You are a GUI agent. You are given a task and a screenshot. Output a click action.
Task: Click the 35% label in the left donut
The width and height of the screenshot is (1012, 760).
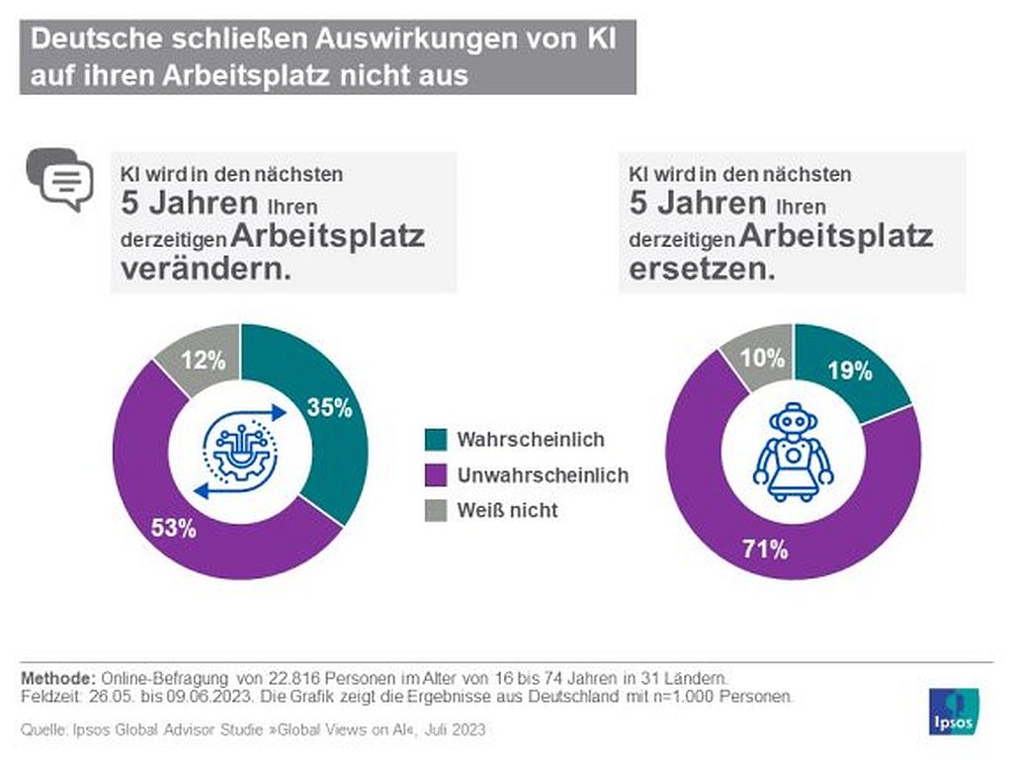pos(329,408)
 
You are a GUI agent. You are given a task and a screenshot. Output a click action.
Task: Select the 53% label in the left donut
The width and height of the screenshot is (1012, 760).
pos(174,528)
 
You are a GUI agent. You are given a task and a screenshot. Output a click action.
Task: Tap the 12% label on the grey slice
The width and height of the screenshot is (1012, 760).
pos(204,360)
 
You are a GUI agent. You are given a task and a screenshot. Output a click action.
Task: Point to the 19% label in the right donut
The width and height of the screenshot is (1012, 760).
pos(850,371)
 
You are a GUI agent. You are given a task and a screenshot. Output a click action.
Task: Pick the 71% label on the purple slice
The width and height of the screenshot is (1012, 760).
pos(765,549)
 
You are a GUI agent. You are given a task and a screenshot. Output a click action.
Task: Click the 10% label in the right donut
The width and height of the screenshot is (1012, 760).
pos(762,358)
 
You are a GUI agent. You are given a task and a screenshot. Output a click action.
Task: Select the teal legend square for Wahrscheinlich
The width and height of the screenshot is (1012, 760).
pos(436,440)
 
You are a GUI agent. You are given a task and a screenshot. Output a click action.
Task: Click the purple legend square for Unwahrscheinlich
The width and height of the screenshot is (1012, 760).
pos(436,474)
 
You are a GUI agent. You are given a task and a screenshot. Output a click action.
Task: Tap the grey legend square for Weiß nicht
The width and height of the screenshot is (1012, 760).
pos(436,510)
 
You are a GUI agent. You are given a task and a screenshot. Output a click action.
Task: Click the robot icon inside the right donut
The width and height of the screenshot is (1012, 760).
pos(794,453)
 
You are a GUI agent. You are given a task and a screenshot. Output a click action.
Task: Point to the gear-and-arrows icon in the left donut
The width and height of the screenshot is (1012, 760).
pos(240,452)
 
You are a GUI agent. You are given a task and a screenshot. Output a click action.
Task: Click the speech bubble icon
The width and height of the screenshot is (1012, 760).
pos(60,179)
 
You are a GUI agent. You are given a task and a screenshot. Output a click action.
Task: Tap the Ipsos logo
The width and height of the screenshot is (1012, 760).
pos(954,712)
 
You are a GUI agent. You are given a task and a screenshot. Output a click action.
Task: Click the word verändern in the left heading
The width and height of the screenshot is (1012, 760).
pos(206,269)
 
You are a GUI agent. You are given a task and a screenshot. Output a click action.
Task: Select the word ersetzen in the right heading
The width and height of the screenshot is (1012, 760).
pos(703,269)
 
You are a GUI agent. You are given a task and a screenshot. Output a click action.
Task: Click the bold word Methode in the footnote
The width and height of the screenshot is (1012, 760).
pos(58,679)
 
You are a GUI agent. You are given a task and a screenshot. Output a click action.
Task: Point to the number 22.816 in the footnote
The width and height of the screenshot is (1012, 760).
pos(295,679)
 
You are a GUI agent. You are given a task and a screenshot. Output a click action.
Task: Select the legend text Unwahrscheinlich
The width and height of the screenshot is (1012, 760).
pos(543,475)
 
